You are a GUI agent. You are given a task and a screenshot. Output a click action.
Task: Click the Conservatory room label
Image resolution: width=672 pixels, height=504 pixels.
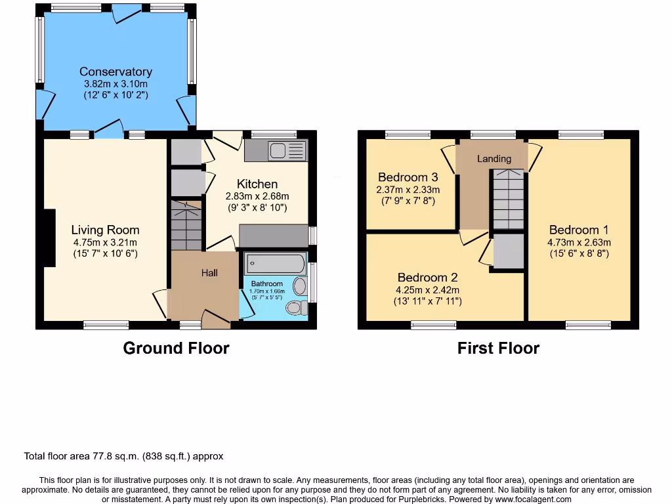tap(115, 72)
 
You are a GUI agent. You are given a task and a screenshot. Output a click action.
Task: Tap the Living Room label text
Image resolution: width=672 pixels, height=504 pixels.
tap(105, 230)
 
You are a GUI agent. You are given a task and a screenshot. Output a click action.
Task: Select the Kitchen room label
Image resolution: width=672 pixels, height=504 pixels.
tap(257, 184)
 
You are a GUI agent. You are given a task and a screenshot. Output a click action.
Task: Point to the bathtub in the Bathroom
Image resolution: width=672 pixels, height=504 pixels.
tap(275, 264)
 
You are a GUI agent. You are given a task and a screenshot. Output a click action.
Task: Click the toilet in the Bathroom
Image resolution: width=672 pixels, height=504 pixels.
tap(297, 308)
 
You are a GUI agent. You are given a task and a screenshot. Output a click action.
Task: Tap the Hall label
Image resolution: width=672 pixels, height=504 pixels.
tap(209, 273)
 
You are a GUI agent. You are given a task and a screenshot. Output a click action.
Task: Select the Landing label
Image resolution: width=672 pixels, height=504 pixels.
tap(493, 159)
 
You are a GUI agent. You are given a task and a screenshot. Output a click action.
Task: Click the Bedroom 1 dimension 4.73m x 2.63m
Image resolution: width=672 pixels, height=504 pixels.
tap(579, 242)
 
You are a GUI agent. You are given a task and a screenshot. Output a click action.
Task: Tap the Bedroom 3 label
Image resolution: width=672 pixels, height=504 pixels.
tap(408, 177)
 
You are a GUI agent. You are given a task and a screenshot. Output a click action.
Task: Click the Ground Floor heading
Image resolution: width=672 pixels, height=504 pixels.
tap(176, 348)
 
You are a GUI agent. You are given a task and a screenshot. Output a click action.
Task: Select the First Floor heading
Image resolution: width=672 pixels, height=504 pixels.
tap(498, 348)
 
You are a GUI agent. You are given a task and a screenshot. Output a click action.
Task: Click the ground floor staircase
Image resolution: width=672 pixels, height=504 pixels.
tap(186, 226)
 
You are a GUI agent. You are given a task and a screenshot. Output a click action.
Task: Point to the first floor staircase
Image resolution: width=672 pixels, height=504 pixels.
tap(509, 199)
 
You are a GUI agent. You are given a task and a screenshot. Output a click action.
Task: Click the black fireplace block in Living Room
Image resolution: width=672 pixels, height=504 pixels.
tap(48, 238)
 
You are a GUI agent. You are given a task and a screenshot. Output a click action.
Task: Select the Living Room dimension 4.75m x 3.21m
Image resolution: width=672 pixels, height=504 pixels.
tap(105, 241)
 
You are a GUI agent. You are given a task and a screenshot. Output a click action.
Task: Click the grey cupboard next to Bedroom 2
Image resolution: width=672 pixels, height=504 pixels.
tap(509, 251)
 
